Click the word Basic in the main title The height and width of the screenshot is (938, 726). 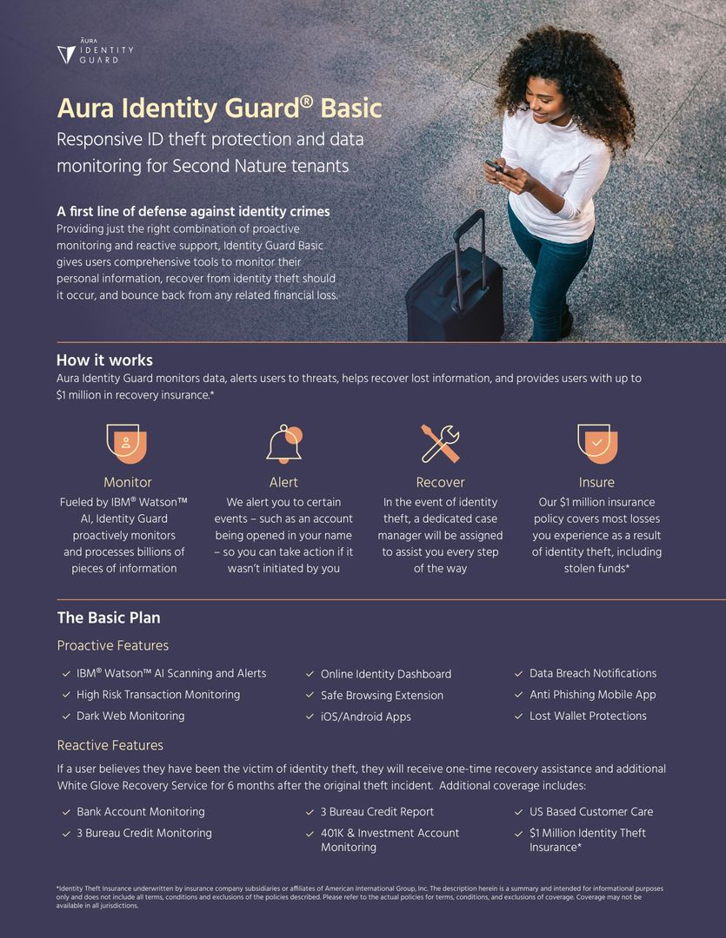(x=351, y=109)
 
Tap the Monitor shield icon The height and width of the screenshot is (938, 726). (x=127, y=443)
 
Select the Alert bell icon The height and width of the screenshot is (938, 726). (x=284, y=443)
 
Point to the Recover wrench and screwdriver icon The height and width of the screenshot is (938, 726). (x=440, y=443)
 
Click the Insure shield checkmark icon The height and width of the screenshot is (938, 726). (x=596, y=443)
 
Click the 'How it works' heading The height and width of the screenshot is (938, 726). (x=104, y=360)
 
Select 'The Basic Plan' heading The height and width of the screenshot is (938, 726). (x=109, y=618)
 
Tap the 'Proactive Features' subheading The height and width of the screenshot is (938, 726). (x=113, y=645)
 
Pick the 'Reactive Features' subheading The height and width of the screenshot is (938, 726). (x=110, y=745)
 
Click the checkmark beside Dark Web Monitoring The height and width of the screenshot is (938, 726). (x=66, y=717)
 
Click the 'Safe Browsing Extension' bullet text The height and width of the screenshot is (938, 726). (x=382, y=695)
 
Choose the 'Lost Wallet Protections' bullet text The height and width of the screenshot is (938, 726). (x=588, y=716)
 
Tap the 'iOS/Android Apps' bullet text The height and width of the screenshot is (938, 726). (x=365, y=717)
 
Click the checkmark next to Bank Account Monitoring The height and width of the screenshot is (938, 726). (x=66, y=812)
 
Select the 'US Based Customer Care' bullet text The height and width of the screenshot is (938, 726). (x=591, y=811)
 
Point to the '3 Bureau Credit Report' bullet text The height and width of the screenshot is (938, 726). (x=376, y=811)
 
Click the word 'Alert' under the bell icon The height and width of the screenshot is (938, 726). (x=283, y=482)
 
